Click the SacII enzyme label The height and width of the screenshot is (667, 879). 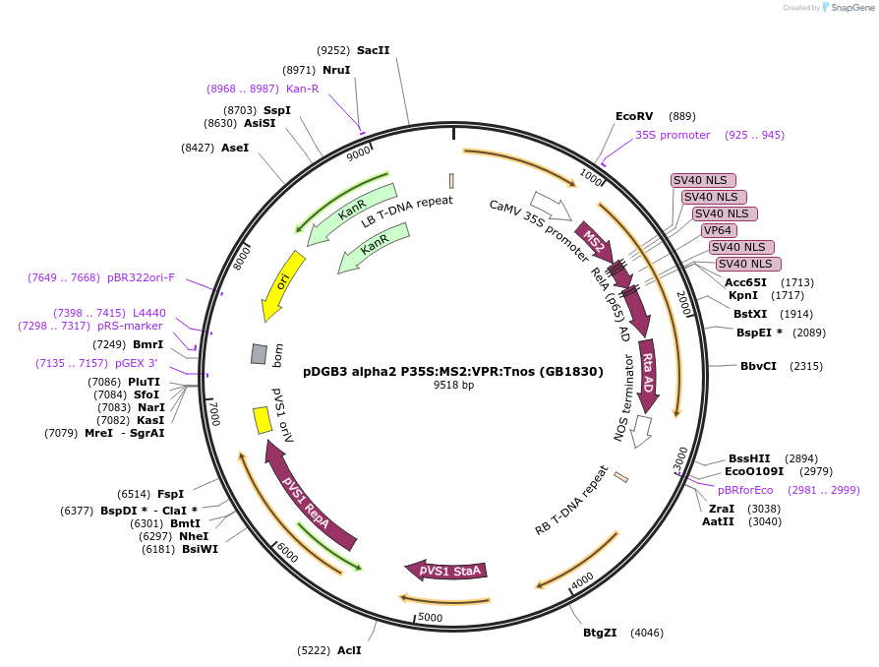pos(374,50)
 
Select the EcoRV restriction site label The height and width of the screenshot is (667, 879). pos(634,116)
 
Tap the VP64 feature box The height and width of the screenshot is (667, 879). pos(719,230)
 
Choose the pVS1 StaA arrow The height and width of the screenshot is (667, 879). pos(447,571)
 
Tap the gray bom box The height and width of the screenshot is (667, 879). pos(260,353)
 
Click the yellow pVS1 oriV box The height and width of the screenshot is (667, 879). pos(263,420)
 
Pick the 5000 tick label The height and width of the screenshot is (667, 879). pos(431,617)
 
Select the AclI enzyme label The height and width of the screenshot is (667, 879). pos(349,650)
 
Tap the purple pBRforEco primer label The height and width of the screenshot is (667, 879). pos(745,490)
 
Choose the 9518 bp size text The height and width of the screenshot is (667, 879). pos(453,385)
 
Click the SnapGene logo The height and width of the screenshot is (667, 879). pos(847,8)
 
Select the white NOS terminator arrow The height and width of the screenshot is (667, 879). pos(642,430)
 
